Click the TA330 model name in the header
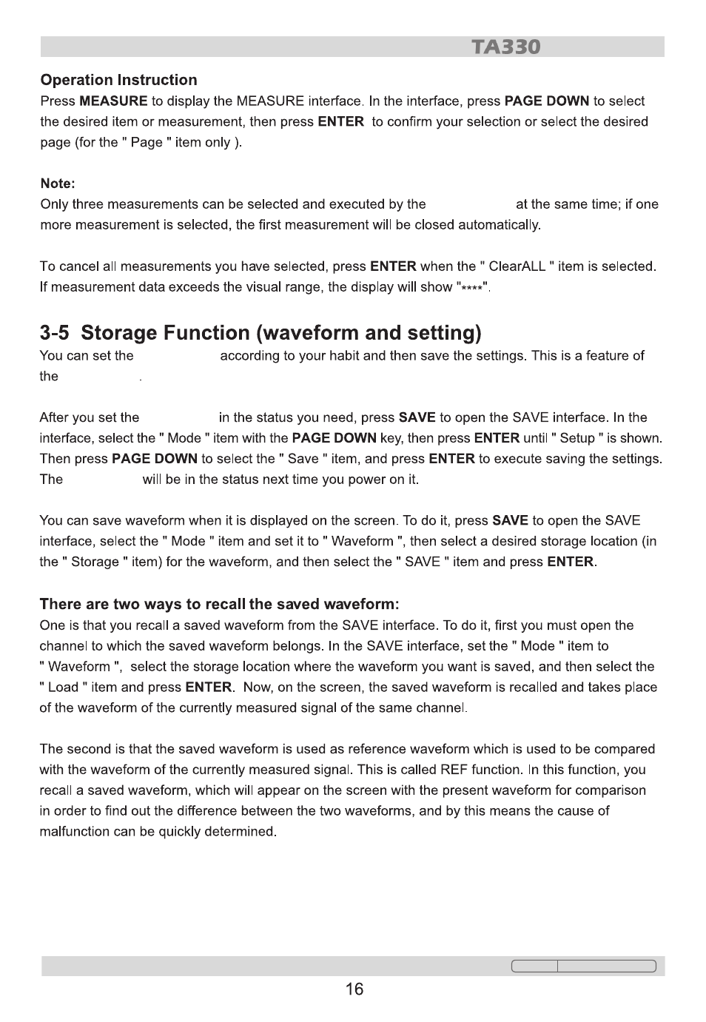[507, 47]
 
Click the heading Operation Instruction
[118, 80]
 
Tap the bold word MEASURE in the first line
[113, 101]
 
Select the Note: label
[58, 184]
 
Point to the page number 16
[354, 989]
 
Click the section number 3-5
[55, 333]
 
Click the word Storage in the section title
[119, 333]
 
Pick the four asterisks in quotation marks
[471, 288]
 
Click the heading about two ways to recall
[219, 604]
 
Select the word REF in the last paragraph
[455, 770]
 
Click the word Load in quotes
[63, 688]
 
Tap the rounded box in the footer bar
[583, 966]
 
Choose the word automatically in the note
[499, 225]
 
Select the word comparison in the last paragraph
[610, 790]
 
